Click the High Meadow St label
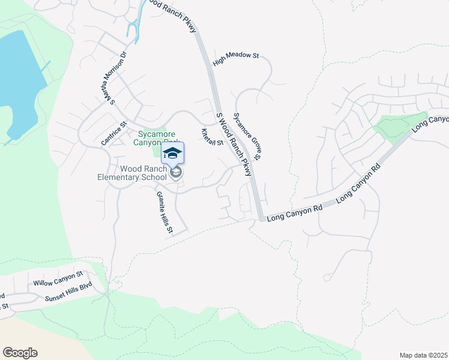click(x=235, y=59)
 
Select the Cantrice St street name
click(x=114, y=133)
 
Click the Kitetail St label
click(x=212, y=137)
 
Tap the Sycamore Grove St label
click(x=246, y=136)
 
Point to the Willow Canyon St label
click(x=58, y=279)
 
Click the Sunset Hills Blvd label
click(x=69, y=291)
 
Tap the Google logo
click(x=20, y=353)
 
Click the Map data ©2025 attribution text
click(x=423, y=355)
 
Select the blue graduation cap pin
click(x=172, y=153)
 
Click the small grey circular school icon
click(x=176, y=173)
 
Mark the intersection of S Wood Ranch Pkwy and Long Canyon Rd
click(x=259, y=218)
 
